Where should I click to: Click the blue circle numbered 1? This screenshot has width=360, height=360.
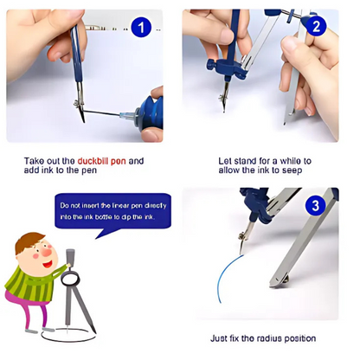(141, 28)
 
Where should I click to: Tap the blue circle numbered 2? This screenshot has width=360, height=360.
(317, 26)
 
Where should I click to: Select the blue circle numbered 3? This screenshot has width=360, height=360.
(316, 206)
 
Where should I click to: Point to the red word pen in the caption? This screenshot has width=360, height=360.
(119, 162)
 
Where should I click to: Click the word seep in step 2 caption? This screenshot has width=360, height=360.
(292, 170)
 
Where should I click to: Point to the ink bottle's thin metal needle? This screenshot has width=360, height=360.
(102, 112)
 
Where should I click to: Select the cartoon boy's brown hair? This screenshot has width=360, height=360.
(28, 241)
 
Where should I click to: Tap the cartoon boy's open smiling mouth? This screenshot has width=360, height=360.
(47, 264)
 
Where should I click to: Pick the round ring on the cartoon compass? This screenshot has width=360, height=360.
(70, 273)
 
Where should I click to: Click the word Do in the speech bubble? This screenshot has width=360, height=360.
(65, 206)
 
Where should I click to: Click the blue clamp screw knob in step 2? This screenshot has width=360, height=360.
(210, 65)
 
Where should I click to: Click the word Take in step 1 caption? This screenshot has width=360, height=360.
(33, 161)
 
